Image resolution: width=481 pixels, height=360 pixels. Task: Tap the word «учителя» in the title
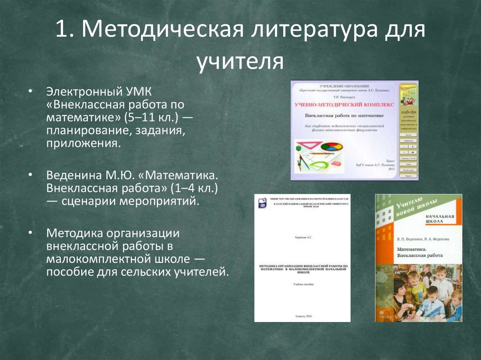point(240,62)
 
